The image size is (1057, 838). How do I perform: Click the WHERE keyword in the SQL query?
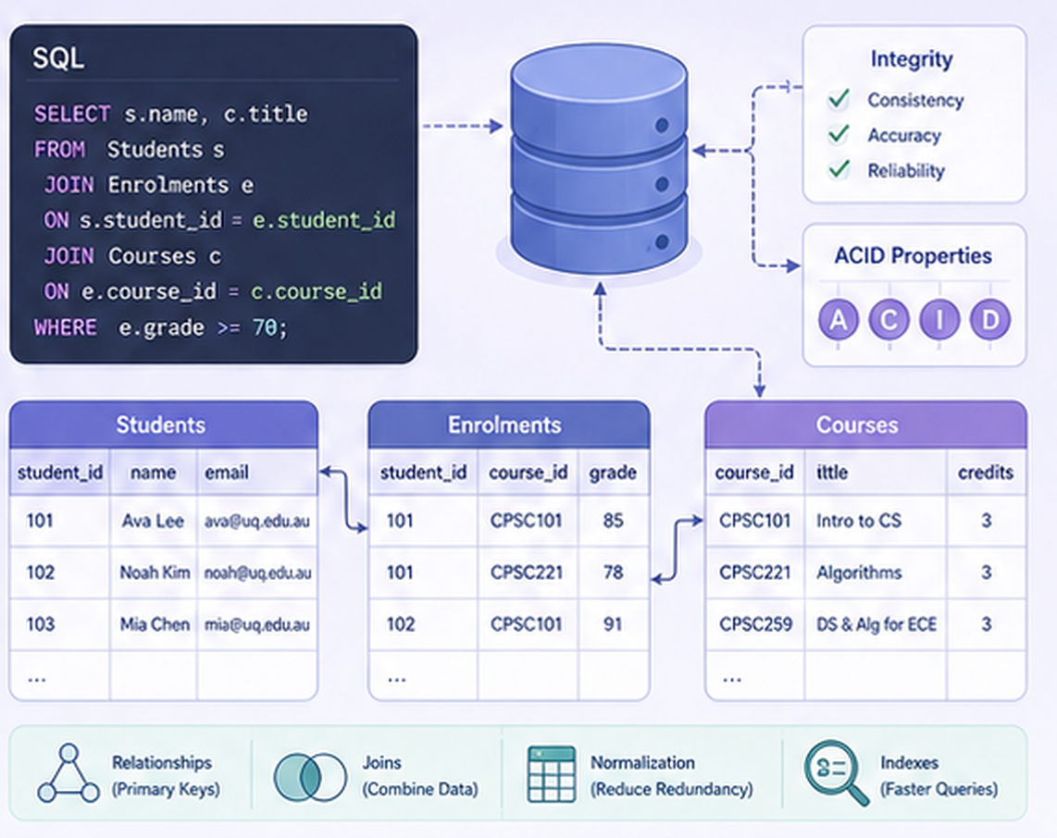(x=66, y=327)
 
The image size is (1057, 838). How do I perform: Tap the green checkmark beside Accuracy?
(x=839, y=134)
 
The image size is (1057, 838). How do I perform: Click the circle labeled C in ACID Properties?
(x=889, y=319)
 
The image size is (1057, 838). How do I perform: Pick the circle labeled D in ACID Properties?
(x=990, y=319)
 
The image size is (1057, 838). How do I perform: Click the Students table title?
(x=160, y=425)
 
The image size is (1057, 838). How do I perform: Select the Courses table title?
(x=857, y=425)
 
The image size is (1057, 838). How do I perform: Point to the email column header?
(x=227, y=473)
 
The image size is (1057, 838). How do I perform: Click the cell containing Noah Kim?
(x=155, y=573)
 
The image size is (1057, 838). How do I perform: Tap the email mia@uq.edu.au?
(x=256, y=624)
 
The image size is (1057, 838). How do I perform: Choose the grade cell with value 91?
(x=613, y=624)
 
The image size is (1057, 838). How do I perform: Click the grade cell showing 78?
(x=613, y=573)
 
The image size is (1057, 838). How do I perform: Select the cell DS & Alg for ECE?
(x=877, y=624)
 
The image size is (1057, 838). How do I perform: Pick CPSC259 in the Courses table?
(x=755, y=624)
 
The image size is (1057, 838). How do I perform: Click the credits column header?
(x=986, y=473)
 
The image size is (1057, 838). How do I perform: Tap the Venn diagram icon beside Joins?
(x=310, y=777)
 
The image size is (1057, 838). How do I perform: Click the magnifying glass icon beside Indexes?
(x=836, y=772)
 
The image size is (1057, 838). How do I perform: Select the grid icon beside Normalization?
(x=552, y=774)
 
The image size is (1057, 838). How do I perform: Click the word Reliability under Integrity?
(x=906, y=170)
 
